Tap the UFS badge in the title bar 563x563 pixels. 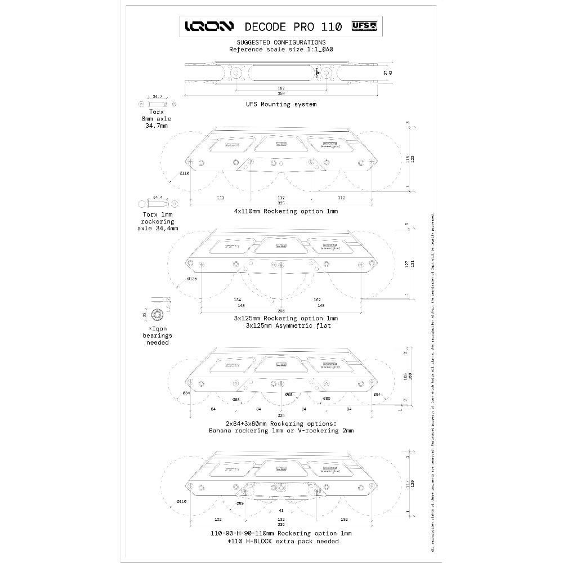(x=363, y=26)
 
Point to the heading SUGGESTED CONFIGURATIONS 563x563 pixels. (x=281, y=42)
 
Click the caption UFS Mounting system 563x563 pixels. (x=281, y=104)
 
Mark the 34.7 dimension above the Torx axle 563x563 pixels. (x=157, y=97)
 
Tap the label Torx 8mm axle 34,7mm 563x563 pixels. (x=156, y=119)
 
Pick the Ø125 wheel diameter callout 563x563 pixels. (x=191, y=279)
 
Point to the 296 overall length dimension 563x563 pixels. (x=281, y=310)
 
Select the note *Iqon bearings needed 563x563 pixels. (x=155, y=335)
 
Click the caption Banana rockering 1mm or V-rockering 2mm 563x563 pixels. (x=281, y=431)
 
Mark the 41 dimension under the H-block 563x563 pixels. (x=281, y=510)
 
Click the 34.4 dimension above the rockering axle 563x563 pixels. (x=158, y=198)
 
